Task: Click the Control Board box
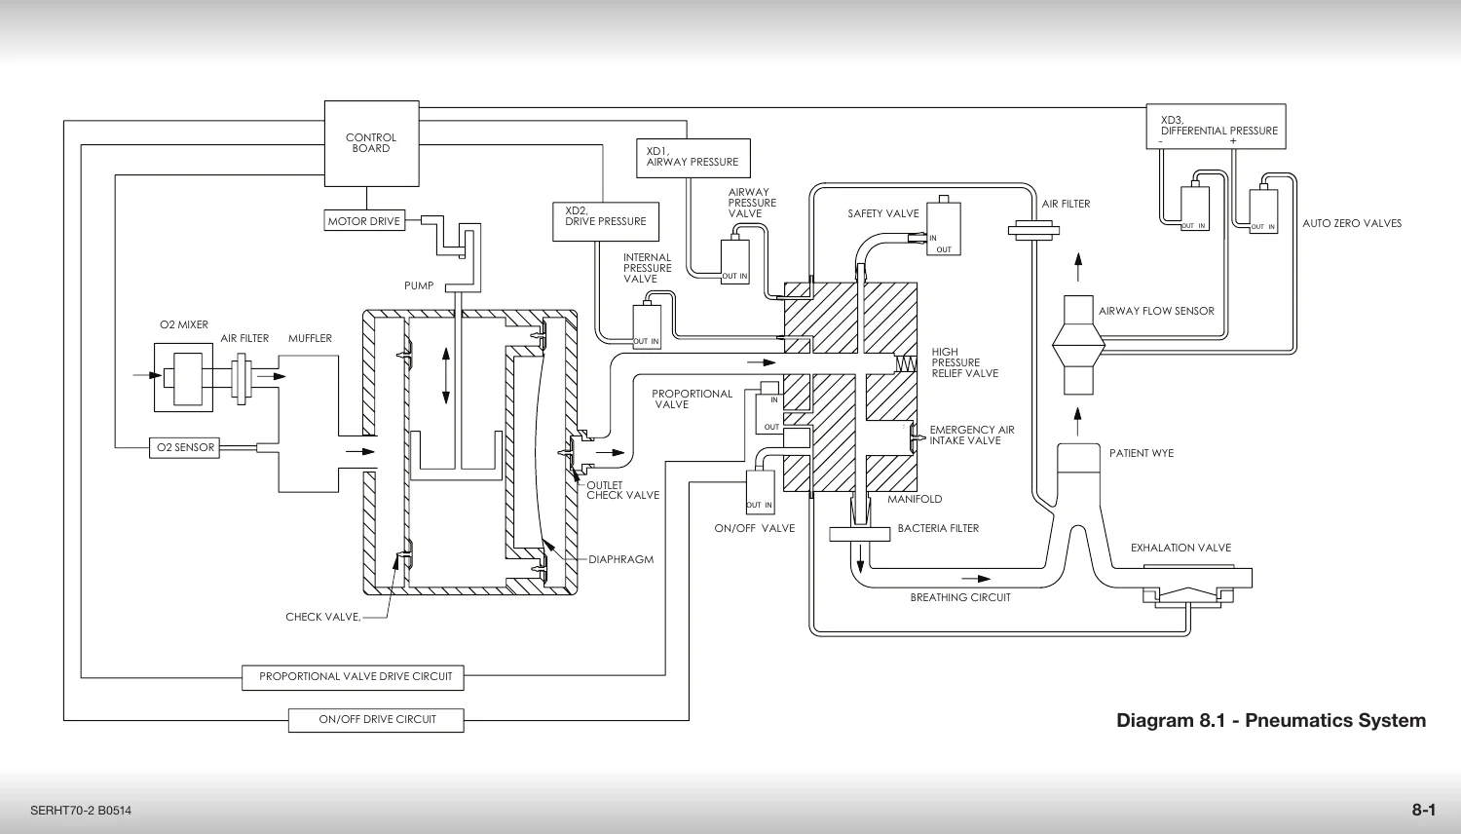[372, 143]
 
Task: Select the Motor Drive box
[364, 220]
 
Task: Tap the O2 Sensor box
[185, 447]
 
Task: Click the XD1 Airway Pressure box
[693, 158]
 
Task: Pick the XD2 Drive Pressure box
[606, 222]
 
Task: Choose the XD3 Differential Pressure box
[1217, 127]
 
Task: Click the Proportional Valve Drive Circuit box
[353, 677]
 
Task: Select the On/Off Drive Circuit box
[376, 720]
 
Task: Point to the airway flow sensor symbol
[1079, 345]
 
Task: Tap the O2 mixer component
[184, 378]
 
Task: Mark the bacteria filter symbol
[860, 534]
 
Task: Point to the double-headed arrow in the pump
[446, 376]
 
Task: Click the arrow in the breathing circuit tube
[976, 579]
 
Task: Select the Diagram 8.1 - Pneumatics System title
[1271, 720]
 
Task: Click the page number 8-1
[1424, 810]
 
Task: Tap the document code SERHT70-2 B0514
[81, 811]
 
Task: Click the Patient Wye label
[1142, 453]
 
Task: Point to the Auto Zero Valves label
[1352, 223]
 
